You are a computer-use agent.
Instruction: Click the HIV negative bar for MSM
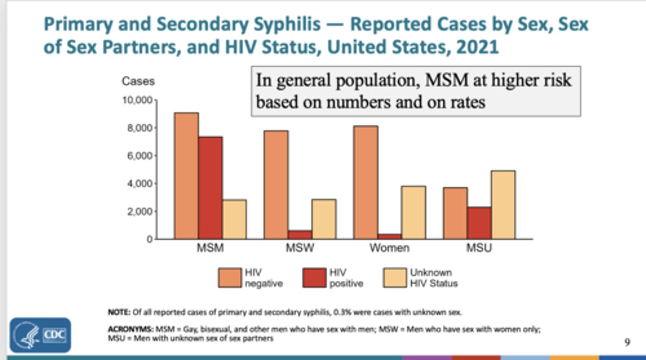coord(187,176)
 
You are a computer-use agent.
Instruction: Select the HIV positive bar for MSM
coord(210,188)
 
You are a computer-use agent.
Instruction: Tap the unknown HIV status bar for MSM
coord(234,219)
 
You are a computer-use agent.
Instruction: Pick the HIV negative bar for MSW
coord(276,185)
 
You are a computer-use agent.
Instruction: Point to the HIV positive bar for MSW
coord(300,235)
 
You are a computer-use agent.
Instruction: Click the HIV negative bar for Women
coord(366,182)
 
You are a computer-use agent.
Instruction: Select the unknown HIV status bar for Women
coord(414,213)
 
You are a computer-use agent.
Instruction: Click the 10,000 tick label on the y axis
coord(137,100)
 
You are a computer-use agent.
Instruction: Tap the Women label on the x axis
coord(389,248)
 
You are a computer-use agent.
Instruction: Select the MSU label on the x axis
coord(479,248)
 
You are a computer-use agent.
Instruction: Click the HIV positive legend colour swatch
coord(314,278)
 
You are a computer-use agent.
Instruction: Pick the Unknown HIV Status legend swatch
coord(395,278)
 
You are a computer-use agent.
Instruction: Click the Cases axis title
coord(138,81)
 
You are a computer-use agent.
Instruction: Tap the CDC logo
coord(40,335)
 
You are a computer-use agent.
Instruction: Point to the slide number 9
coord(627,343)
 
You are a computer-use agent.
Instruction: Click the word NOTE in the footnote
coord(118,312)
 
